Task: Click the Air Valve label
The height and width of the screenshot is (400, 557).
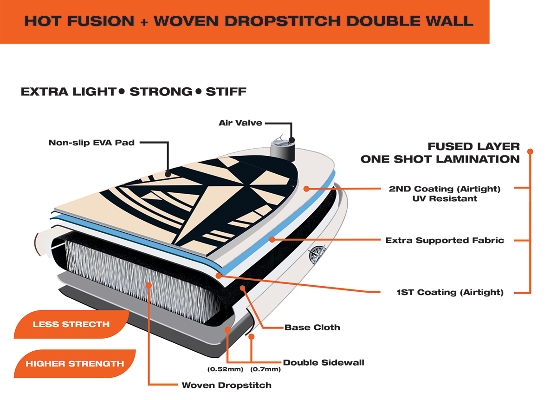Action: [x=240, y=123]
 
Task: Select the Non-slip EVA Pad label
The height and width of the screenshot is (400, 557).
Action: [x=91, y=143]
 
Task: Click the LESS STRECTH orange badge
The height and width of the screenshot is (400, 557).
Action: [x=71, y=324]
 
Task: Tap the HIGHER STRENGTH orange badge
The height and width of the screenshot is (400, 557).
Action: [x=75, y=363]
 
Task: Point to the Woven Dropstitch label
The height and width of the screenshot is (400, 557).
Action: [x=227, y=385]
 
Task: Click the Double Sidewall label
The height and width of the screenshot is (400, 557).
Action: [x=324, y=362]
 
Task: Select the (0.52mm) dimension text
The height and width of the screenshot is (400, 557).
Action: [x=225, y=369]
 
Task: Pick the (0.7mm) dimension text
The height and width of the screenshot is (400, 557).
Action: [x=266, y=369]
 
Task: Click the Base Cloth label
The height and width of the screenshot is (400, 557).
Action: [x=312, y=327]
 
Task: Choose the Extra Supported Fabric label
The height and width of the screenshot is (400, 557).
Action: [x=445, y=240]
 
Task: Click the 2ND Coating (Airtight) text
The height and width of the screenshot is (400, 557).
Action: [x=445, y=189]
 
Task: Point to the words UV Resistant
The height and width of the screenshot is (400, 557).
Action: [x=445, y=198]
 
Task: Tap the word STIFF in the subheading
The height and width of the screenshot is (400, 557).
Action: [x=226, y=92]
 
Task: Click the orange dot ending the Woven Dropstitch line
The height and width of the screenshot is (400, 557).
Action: [x=149, y=285]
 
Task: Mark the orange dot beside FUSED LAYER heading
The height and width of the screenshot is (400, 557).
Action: [x=530, y=151]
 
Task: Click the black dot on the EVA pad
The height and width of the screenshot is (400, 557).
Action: [x=168, y=174]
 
